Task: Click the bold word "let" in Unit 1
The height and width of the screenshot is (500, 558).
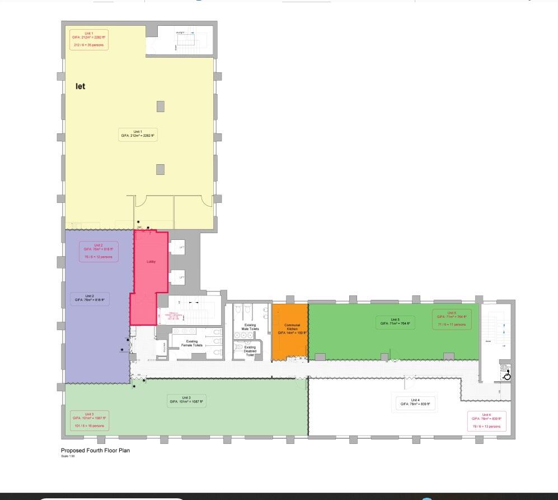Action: coord(81,87)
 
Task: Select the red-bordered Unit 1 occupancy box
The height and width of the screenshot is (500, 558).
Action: coord(89,40)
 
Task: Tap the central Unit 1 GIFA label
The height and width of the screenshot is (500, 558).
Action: coord(138,134)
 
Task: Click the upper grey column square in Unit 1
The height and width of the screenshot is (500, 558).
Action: coord(161,106)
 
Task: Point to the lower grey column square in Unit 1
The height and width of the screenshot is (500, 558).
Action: coord(161,169)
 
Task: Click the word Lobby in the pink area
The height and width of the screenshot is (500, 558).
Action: coord(151,262)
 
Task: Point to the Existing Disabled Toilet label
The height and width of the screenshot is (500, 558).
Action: coord(250,351)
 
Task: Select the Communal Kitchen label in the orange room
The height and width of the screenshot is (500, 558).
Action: coord(292,328)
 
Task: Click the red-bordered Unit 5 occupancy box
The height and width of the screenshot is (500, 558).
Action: coord(452,319)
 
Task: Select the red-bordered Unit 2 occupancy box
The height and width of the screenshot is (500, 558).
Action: coord(99,251)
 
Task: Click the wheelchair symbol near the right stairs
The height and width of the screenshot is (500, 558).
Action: coord(507,376)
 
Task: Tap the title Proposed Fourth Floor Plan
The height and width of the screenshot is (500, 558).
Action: coord(95,450)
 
